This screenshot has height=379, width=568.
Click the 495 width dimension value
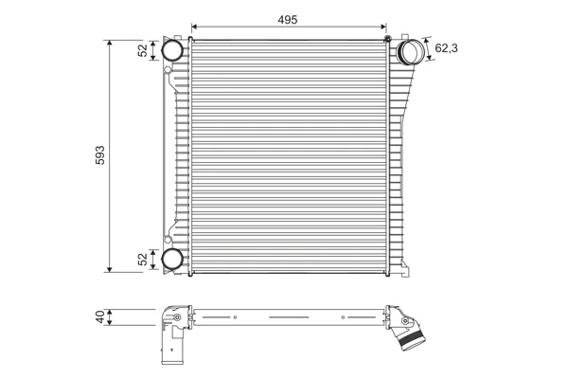point(288,20)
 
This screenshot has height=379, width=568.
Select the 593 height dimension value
point(100,155)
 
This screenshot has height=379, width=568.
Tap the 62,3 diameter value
point(446,48)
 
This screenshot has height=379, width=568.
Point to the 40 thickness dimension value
point(100,316)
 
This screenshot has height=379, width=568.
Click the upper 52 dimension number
point(143,50)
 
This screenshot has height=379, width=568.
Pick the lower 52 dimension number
point(143,259)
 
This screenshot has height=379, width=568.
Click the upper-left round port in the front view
point(171,50)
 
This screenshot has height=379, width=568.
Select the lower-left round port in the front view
point(171,259)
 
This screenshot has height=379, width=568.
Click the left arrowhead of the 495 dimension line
point(194,27)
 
